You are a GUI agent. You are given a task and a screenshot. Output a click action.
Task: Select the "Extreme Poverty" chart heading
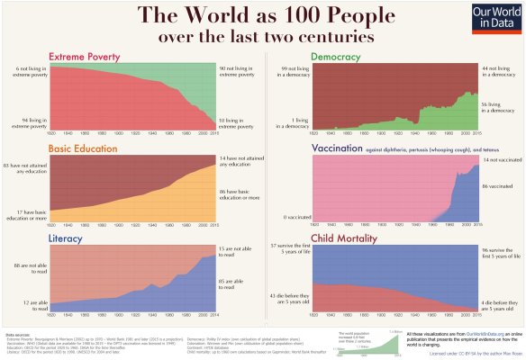[x=87, y=56]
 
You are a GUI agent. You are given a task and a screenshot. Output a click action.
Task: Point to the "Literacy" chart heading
[x=68, y=238]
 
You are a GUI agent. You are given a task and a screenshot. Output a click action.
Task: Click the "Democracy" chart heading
[x=335, y=56]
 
